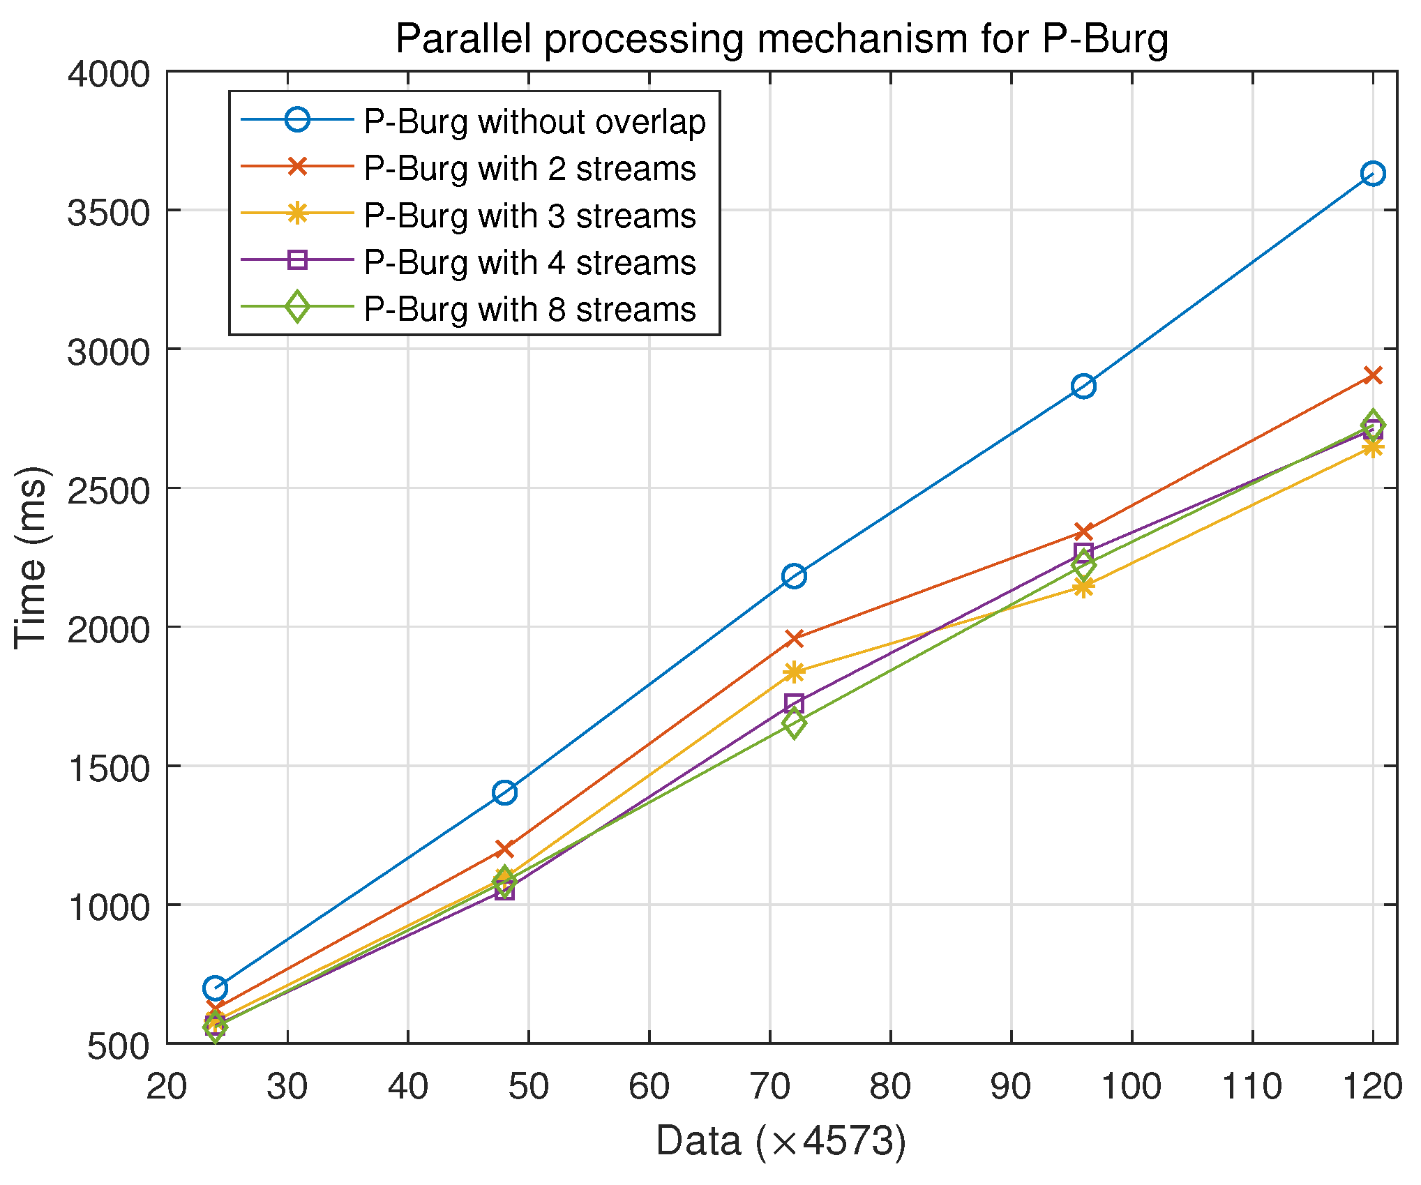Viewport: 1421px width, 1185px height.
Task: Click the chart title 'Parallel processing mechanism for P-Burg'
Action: (x=781, y=38)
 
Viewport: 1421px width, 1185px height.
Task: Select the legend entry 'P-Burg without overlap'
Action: (x=534, y=121)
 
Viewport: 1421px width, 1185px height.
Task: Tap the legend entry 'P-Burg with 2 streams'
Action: (x=529, y=168)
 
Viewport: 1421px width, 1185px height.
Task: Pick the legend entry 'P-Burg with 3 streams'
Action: (x=529, y=216)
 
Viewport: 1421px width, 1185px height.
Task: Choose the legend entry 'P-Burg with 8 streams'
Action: (x=529, y=309)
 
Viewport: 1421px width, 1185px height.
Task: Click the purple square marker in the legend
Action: (x=297, y=261)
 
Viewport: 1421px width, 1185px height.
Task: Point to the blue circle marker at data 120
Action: (x=1373, y=174)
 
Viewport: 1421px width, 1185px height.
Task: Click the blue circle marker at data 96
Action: (x=1083, y=386)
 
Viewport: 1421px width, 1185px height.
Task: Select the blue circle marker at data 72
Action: (x=794, y=576)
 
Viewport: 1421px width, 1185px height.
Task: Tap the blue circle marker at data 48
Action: (x=504, y=792)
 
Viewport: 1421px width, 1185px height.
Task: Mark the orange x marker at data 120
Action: (x=1373, y=376)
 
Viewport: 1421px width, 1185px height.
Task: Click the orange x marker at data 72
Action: (x=794, y=637)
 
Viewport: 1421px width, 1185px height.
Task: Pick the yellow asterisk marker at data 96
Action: (x=1083, y=587)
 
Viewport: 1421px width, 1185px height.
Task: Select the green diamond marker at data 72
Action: (x=794, y=723)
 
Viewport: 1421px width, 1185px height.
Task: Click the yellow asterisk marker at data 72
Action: (x=794, y=672)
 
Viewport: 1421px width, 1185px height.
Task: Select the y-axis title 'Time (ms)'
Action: (x=31, y=557)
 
